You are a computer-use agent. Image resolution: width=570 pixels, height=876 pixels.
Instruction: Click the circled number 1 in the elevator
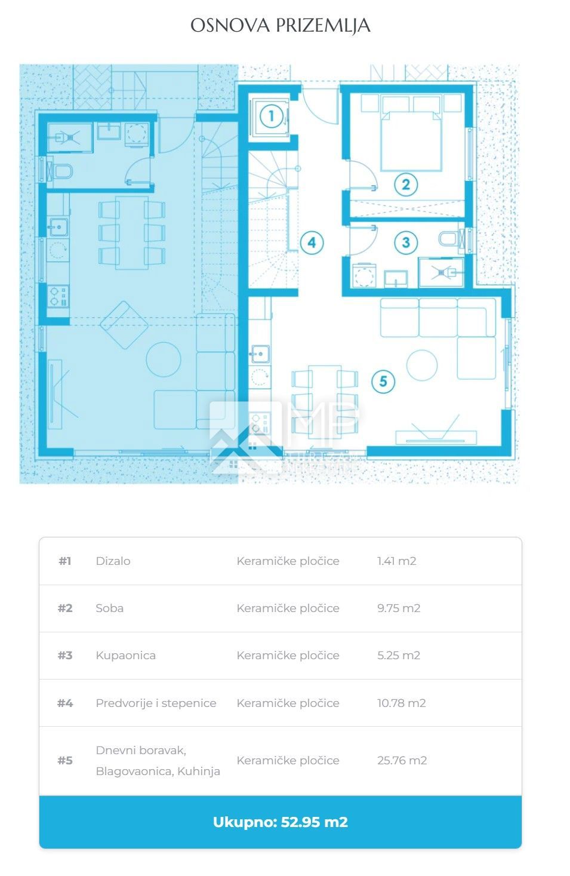point(272,116)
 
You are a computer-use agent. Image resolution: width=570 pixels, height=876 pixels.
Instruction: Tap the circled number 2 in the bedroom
point(405,185)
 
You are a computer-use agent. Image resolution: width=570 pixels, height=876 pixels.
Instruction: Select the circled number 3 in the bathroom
point(405,242)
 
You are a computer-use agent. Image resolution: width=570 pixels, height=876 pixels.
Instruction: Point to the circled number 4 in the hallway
point(312,243)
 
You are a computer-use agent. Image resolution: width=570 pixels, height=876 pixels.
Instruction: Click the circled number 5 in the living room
point(383,382)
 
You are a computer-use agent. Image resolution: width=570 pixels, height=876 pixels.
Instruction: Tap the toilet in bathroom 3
point(449,238)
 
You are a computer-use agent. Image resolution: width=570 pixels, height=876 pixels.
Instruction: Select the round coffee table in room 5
point(421,365)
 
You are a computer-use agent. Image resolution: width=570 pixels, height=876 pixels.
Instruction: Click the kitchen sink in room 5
point(260,354)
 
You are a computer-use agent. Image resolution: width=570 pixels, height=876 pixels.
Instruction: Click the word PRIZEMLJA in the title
point(323,26)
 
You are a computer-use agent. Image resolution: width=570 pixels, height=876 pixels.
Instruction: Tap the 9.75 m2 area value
point(398,608)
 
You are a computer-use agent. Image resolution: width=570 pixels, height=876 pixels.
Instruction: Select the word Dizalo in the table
point(113,561)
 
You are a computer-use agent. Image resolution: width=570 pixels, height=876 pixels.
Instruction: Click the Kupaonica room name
point(125,655)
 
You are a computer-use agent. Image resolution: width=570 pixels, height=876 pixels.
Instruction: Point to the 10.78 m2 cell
point(401,703)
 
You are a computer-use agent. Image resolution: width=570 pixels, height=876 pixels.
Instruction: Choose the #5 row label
point(65,760)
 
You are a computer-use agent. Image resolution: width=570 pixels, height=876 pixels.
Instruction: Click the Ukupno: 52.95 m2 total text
point(281,822)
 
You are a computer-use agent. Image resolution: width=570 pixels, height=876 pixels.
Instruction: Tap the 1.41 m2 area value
point(396,561)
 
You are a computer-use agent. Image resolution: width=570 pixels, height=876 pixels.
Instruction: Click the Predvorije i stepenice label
point(156,703)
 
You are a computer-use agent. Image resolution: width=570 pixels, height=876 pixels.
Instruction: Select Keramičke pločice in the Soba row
point(288,608)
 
